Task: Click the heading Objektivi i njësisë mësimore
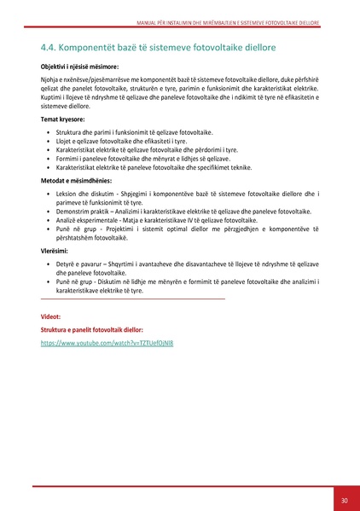[79, 65]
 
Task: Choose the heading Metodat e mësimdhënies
[76, 183]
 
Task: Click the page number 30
[344, 500]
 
